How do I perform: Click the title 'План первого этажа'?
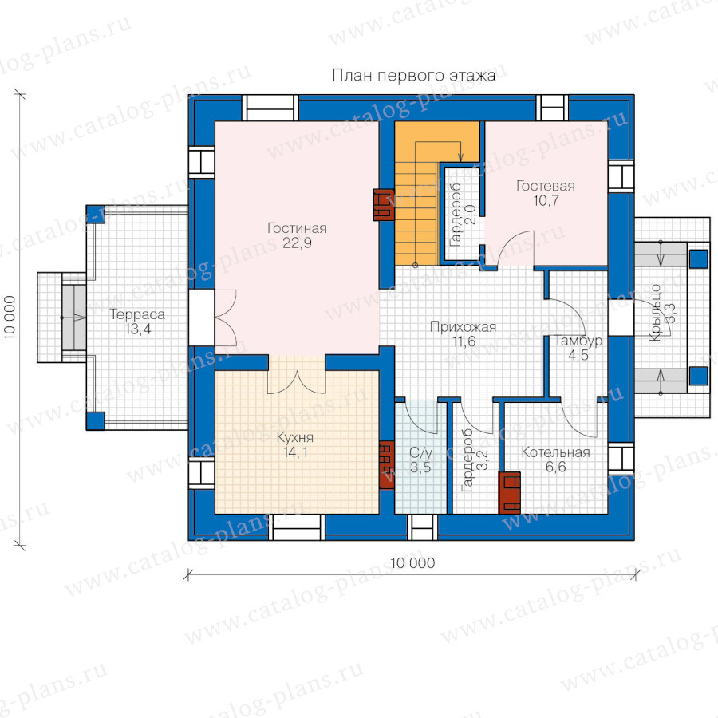click(x=413, y=75)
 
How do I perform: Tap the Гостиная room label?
click(x=298, y=228)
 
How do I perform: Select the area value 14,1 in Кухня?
click(x=295, y=452)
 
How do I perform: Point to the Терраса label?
click(x=137, y=315)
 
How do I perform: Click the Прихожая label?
click(x=463, y=327)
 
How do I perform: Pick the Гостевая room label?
click(x=546, y=186)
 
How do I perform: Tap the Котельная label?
click(x=555, y=452)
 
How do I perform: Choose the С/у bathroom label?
click(x=420, y=453)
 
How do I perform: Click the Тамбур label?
click(x=578, y=341)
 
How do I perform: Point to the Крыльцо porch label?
click(x=655, y=313)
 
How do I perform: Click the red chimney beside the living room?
click(x=384, y=205)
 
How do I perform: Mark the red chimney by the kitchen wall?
click(x=387, y=464)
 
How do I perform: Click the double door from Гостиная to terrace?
click(x=226, y=318)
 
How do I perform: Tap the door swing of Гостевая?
click(x=516, y=248)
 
